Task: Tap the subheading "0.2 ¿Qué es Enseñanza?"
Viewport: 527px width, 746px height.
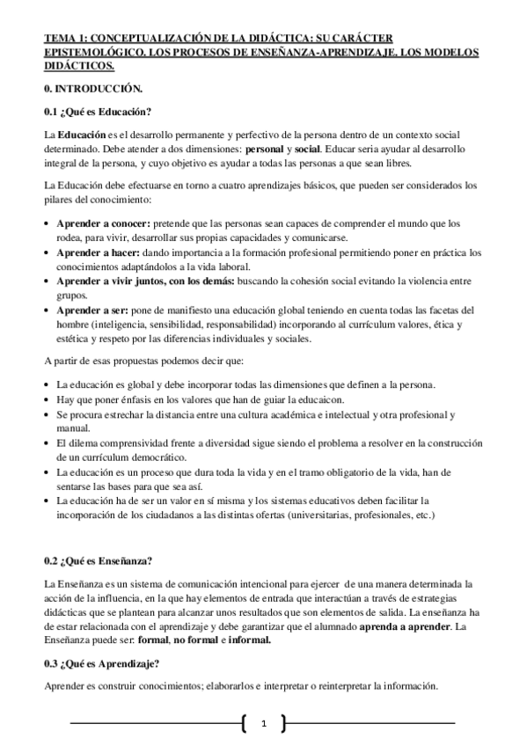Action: pos(99,560)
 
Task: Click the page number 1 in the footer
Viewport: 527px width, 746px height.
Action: pos(263,724)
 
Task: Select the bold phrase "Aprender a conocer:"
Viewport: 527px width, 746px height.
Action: pos(104,223)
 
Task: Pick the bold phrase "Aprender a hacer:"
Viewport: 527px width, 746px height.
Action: pos(99,252)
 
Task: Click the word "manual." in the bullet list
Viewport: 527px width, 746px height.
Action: pos(72,428)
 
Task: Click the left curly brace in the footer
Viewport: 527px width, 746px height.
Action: pos(243,724)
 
